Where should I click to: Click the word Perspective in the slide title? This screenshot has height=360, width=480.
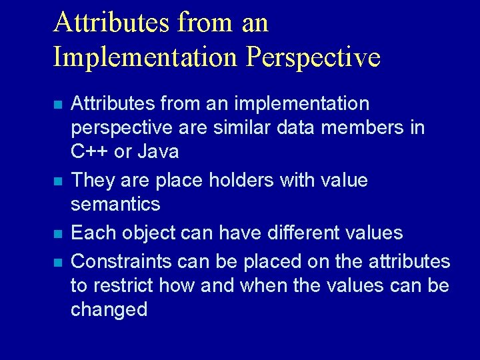click(313, 57)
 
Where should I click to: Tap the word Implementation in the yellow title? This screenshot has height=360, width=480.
click(145, 57)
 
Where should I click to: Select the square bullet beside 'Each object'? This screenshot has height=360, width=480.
click(59, 234)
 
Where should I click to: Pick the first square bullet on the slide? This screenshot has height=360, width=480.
click(59, 105)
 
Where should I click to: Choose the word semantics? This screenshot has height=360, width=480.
click(115, 203)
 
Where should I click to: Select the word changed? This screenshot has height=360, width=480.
click(109, 310)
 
